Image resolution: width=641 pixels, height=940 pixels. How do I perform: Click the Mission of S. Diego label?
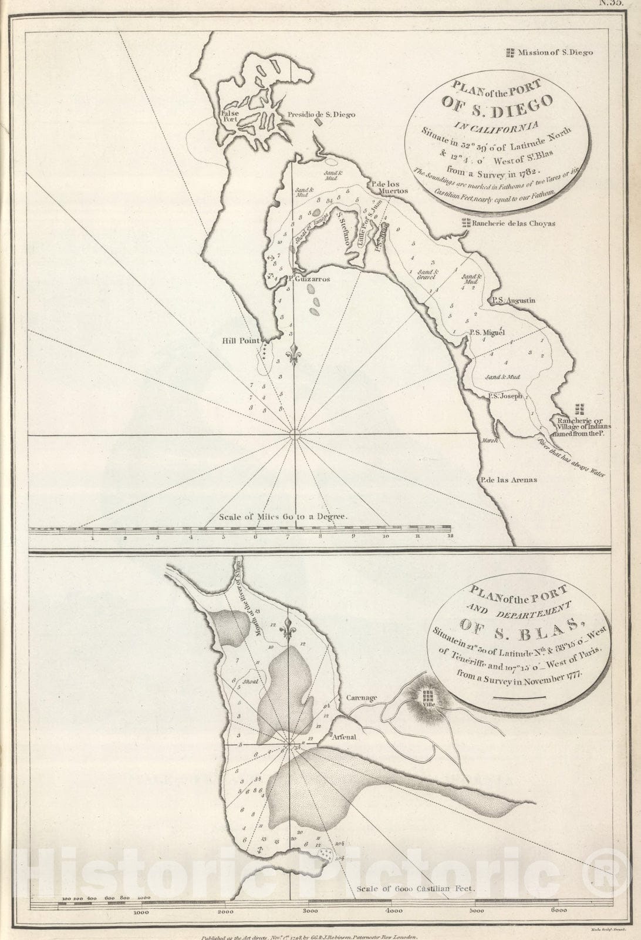pyautogui.click(x=555, y=52)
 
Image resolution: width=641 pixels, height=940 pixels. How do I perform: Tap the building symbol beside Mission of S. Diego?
pyautogui.click(x=510, y=52)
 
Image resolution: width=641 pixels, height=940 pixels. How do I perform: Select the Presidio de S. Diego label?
pyautogui.click(x=321, y=115)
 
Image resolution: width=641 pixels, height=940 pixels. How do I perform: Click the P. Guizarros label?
pyautogui.click(x=309, y=279)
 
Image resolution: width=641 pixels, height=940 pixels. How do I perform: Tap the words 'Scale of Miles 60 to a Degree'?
pyautogui.click(x=284, y=518)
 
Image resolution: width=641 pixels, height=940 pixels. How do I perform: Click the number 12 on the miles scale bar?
pyautogui.click(x=450, y=537)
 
